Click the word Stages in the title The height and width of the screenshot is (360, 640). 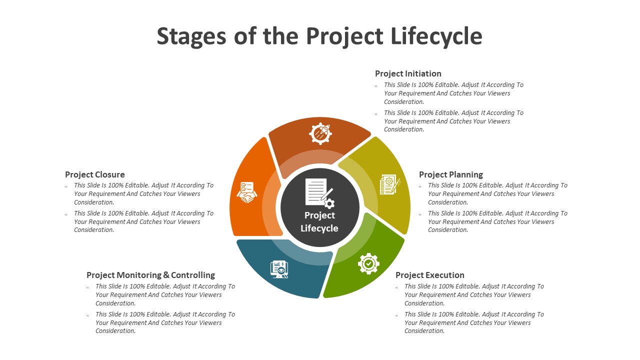191,36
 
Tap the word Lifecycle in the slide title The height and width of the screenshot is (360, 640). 436,36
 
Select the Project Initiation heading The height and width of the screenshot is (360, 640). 408,73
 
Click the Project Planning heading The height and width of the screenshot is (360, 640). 451,174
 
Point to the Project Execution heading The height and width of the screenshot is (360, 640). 429,275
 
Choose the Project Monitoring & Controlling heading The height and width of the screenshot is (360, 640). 150,275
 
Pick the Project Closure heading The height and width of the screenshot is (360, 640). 95,174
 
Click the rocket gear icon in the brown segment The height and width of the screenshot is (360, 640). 320,133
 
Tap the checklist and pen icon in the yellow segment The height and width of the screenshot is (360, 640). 390,184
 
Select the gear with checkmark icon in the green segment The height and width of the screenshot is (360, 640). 368,263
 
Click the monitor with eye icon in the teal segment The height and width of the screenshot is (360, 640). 279,269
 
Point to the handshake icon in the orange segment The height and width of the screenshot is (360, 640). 247,192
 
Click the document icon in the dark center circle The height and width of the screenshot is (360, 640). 319,193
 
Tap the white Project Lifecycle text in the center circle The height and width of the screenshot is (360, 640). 319,221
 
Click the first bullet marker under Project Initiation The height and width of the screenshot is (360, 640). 376,86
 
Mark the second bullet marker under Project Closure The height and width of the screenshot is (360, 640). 66,214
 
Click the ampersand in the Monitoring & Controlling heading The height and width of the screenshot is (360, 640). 166,275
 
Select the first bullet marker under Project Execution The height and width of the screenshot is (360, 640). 396,287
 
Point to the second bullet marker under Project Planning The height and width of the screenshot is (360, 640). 420,214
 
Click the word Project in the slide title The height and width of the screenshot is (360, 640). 344,36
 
